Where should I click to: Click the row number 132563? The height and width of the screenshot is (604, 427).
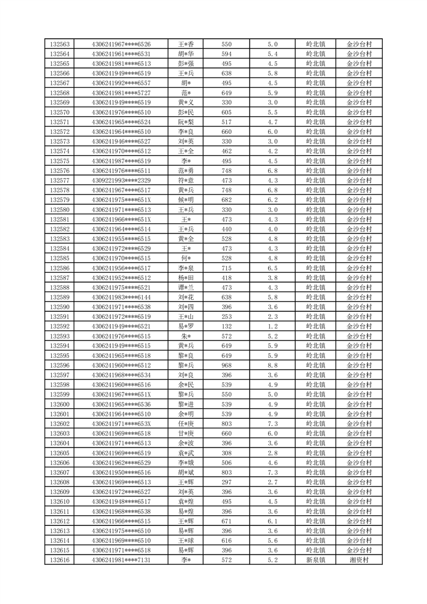click(x=59, y=44)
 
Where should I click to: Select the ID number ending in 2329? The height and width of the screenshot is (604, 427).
click(x=121, y=180)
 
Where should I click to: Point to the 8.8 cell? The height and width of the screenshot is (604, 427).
click(x=272, y=366)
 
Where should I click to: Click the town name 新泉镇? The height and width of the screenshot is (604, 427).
click(x=315, y=560)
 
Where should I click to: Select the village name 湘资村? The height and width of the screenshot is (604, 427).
click(x=359, y=560)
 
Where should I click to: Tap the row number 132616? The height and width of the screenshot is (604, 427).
click(x=59, y=560)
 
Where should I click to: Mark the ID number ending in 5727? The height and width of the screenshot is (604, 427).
click(x=121, y=93)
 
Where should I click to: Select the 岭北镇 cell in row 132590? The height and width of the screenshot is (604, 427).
click(x=315, y=307)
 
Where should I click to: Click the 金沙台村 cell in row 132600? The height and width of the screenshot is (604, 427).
click(x=359, y=404)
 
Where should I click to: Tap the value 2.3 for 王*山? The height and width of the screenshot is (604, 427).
click(x=272, y=317)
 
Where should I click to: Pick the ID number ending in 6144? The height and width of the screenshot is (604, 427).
click(x=121, y=297)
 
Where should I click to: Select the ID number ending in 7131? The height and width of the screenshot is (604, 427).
click(x=121, y=560)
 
